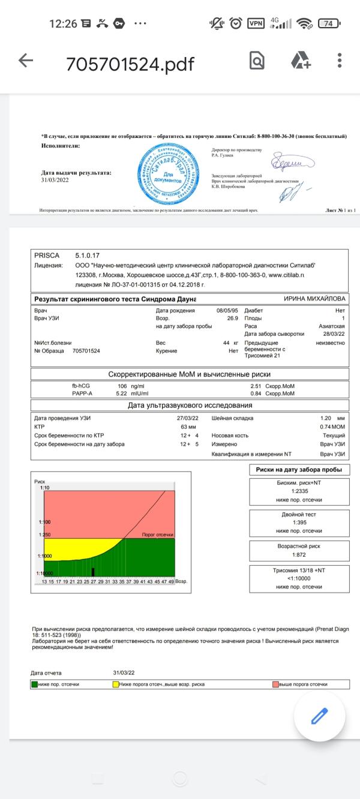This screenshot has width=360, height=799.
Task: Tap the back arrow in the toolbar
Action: click(x=25, y=61)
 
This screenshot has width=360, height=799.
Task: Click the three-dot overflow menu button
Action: click(x=340, y=60)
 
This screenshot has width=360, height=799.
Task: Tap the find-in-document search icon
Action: click(x=257, y=60)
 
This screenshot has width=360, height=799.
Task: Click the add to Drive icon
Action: click(x=300, y=60)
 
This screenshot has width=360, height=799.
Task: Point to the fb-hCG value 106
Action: click(x=122, y=386)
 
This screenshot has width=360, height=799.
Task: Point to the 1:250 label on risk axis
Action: click(x=44, y=534)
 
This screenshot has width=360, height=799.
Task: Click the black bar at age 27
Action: click(x=93, y=572)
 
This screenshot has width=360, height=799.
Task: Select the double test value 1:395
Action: click(x=299, y=523)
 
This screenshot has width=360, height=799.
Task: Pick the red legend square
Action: click(x=275, y=684)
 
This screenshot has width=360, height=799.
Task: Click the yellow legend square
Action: click(x=116, y=684)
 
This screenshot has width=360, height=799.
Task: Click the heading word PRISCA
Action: click(x=47, y=256)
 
